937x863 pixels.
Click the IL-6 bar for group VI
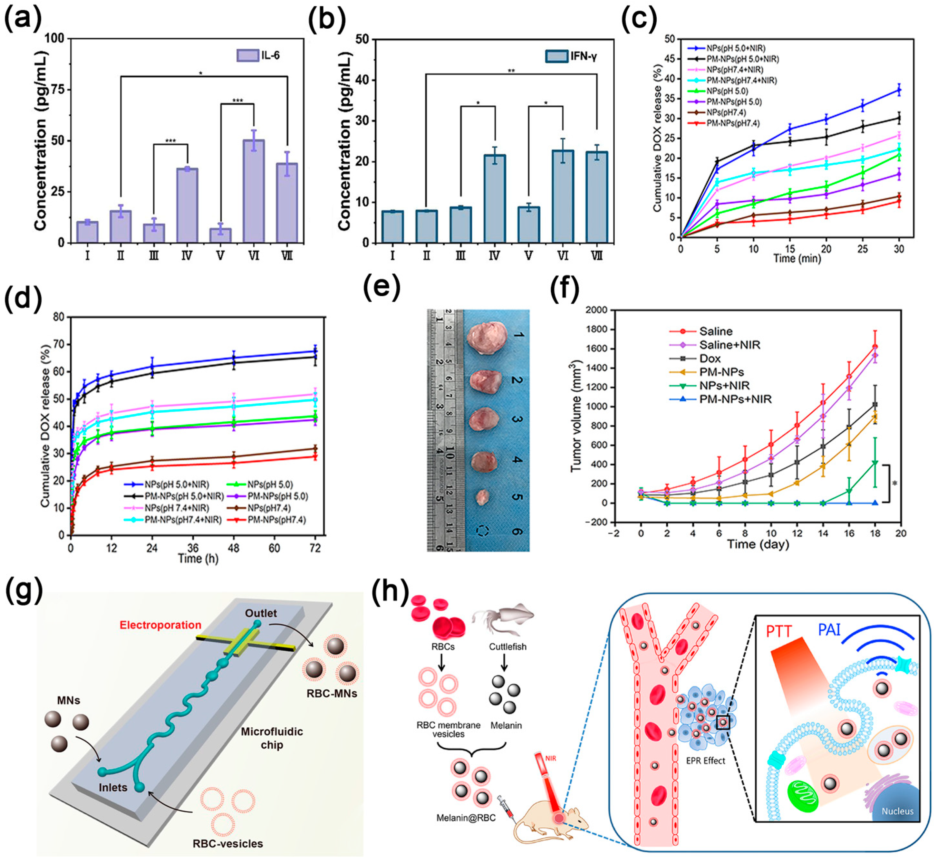tap(253, 191)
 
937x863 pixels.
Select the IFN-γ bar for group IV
tap(495, 198)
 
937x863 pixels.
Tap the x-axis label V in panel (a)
tap(220, 256)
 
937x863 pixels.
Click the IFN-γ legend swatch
tap(556, 56)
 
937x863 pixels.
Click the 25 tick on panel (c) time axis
tap(862, 249)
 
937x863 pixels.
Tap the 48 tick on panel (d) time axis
tap(234, 547)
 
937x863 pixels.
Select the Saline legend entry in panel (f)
tap(715, 331)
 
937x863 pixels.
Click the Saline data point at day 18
tap(875, 347)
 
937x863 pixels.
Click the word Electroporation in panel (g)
tap(160, 625)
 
